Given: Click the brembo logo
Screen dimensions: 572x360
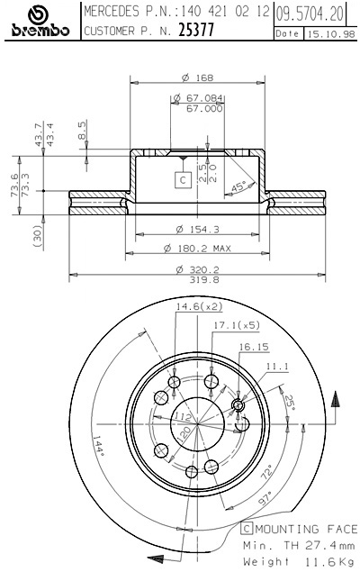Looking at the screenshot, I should [x=39, y=23].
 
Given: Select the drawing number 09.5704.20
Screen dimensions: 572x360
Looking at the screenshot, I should [x=310, y=14].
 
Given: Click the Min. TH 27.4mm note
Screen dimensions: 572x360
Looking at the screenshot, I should [x=299, y=545].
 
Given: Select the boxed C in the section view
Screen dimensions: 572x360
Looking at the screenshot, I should [x=182, y=179].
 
